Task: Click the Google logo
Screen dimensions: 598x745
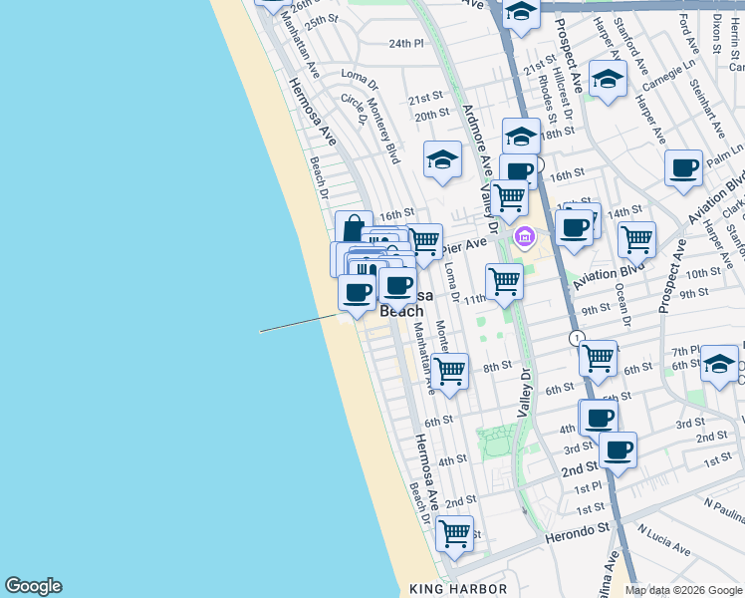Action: click(33, 586)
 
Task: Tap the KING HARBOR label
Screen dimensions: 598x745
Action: click(458, 589)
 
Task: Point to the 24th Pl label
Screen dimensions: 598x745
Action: click(406, 44)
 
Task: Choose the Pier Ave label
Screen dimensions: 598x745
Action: click(465, 243)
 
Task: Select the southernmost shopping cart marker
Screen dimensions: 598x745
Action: click(454, 532)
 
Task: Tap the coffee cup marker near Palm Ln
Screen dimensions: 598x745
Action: click(683, 168)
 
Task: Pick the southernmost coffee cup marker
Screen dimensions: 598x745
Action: click(619, 449)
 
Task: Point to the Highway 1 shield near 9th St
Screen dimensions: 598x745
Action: click(577, 339)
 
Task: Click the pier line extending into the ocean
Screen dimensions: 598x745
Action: click(299, 324)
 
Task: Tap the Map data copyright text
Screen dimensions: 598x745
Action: click(682, 590)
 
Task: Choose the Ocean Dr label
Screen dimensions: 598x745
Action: click(622, 303)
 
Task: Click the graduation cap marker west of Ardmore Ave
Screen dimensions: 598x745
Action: click(443, 159)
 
